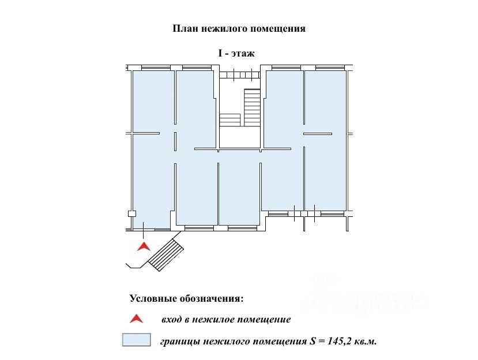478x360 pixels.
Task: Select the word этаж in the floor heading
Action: click(x=243, y=54)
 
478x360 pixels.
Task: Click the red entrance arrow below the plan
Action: click(x=144, y=246)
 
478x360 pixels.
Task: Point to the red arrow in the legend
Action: click(x=136, y=318)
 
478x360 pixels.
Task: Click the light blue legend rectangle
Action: click(x=136, y=340)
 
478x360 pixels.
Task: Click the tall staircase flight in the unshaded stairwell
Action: click(x=252, y=107)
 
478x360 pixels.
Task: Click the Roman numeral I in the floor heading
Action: click(x=220, y=53)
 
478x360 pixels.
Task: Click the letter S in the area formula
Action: click(x=313, y=341)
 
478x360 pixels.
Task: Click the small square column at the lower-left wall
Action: click(x=131, y=213)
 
